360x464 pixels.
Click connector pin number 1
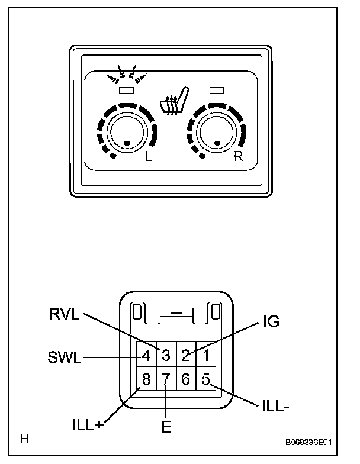click(x=205, y=356)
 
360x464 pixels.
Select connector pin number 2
click(x=185, y=356)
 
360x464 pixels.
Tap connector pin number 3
click(x=166, y=356)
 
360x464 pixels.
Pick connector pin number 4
click(x=146, y=356)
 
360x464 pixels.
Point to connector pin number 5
click(x=205, y=379)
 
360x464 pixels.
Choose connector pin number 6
click(x=185, y=379)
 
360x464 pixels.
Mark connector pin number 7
click(x=166, y=379)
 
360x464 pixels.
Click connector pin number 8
click(x=146, y=379)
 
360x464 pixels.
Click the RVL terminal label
click(x=65, y=314)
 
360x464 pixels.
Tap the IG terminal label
click(x=270, y=322)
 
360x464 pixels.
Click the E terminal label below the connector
click(x=166, y=427)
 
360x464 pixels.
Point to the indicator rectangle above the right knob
click(x=217, y=90)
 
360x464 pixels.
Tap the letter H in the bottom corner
click(x=25, y=439)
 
